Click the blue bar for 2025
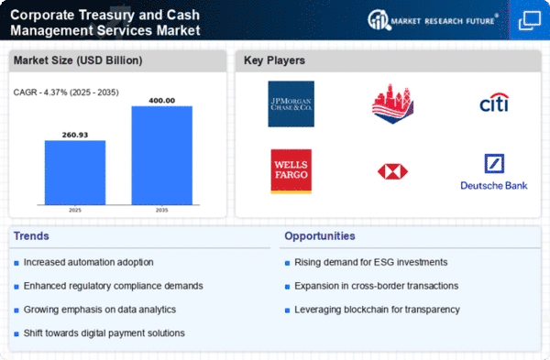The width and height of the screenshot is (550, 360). (75, 172)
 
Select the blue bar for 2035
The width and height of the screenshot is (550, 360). (161, 156)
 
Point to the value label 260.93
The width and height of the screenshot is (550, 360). (75, 135)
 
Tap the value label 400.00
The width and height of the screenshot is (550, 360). (161, 101)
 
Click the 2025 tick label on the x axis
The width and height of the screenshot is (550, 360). (75, 210)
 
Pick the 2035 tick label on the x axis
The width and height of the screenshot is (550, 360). (161, 210)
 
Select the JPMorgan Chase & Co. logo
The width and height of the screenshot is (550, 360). (291, 104)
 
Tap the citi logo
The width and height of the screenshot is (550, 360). (494, 103)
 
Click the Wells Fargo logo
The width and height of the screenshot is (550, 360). (291, 171)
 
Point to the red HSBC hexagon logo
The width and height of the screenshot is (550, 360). (392, 172)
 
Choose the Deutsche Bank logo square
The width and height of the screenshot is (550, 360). (494, 163)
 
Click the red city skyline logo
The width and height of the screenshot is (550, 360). (392, 104)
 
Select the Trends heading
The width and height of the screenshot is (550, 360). (31, 236)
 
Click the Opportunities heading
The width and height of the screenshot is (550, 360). (320, 236)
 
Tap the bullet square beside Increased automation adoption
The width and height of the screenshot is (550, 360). (16, 263)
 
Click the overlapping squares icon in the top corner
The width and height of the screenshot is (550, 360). (529, 20)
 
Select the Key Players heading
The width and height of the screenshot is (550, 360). (274, 60)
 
